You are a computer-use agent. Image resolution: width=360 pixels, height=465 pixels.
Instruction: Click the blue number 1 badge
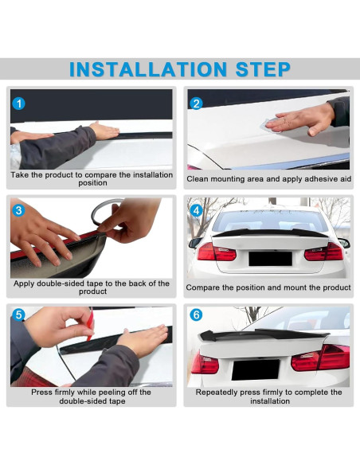[20, 104]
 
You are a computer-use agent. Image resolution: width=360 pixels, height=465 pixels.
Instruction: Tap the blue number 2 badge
[197, 104]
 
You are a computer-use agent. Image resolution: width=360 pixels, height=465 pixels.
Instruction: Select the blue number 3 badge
[20, 211]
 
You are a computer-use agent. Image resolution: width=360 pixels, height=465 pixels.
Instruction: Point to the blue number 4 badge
[197, 211]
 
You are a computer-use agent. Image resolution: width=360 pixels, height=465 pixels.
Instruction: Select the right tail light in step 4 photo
[323, 252]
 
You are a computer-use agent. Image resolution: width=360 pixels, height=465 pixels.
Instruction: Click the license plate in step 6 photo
[255, 369]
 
